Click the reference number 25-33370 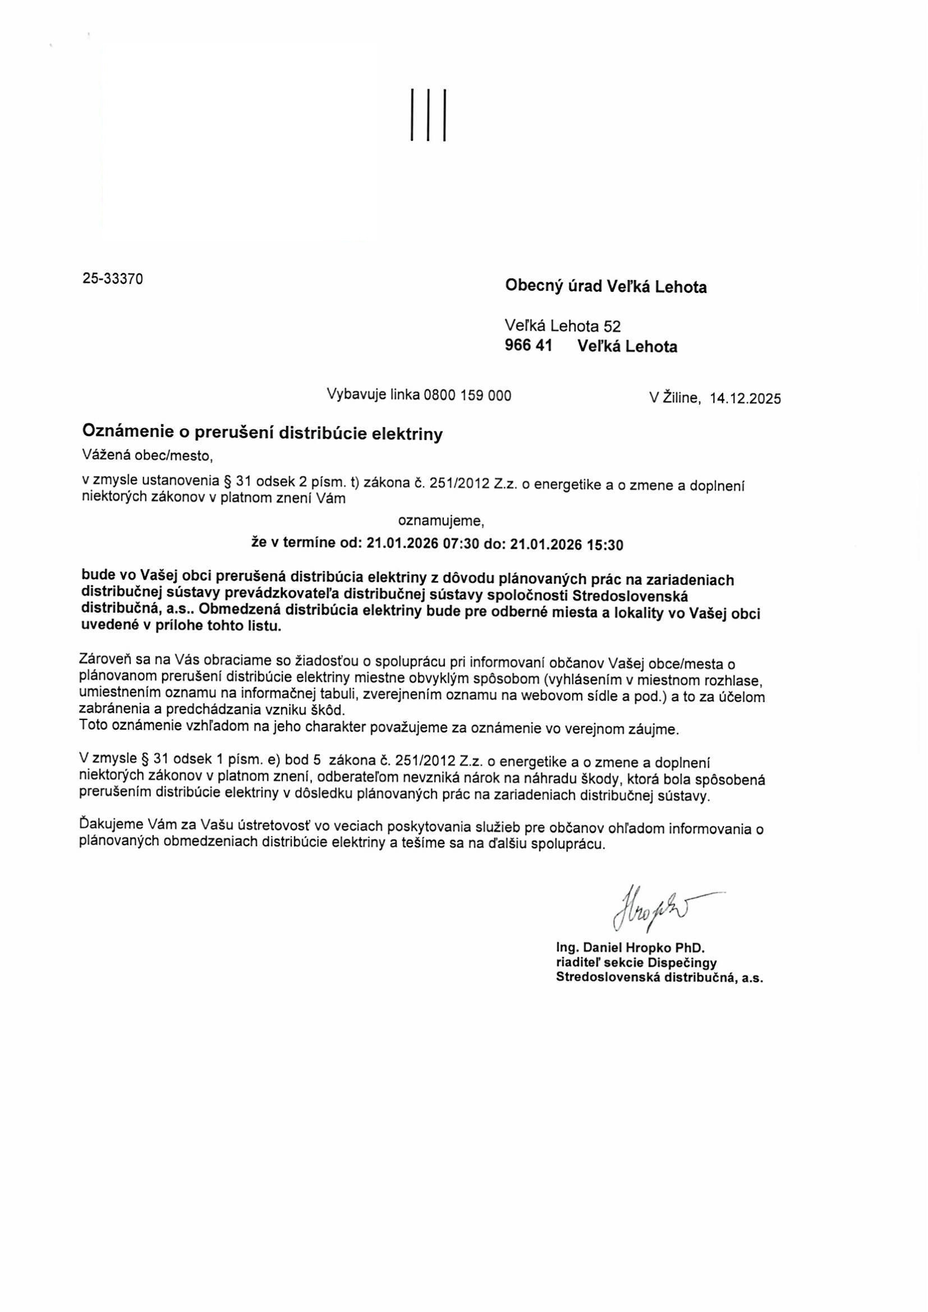[x=113, y=279]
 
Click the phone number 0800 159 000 [x=467, y=395]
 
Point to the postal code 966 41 [x=529, y=346]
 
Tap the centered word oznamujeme [x=440, y=521]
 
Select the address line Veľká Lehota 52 [x=562, y=326]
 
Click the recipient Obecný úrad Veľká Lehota [x=606, y=287]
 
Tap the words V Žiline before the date [x=674, y=398]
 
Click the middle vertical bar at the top [x=428, y=116]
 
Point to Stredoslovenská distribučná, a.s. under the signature [x=659, y=977]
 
